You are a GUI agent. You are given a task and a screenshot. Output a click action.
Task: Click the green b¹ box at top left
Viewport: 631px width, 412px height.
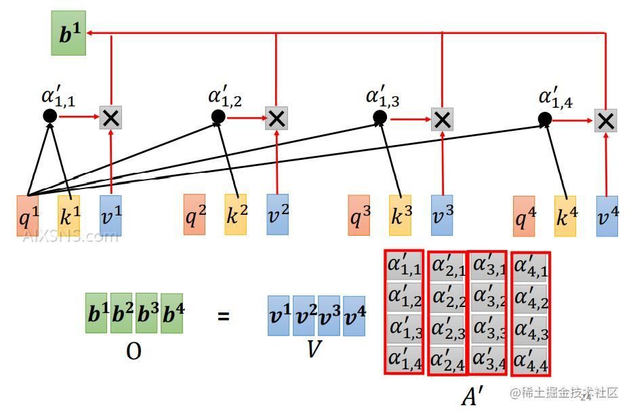point(68,33)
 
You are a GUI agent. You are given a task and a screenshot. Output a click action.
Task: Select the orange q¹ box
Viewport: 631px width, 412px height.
point(28,215)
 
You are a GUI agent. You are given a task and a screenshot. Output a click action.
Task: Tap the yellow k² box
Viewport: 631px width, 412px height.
point(236,215)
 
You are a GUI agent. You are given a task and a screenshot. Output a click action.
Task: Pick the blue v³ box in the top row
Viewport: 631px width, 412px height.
point(442,215)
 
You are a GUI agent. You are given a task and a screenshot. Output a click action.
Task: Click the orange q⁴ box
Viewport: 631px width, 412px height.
point(524,216)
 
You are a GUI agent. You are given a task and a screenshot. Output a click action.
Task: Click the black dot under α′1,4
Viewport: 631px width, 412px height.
point(545,120)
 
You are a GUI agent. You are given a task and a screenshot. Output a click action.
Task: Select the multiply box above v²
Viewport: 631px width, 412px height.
point(277,119)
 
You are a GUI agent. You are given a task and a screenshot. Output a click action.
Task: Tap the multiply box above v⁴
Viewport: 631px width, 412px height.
point(606,121)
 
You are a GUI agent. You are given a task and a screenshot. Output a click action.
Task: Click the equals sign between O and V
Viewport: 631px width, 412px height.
point(224,316)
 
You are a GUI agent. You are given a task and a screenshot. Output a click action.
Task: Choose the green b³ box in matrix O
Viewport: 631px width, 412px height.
point(146,313)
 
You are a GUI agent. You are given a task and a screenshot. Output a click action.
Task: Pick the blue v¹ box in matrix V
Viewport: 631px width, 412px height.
point(279,316)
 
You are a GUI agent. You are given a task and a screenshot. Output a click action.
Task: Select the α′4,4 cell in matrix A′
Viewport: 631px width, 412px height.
point(530,358)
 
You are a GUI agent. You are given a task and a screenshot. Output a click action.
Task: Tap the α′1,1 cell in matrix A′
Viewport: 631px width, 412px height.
point(405,266)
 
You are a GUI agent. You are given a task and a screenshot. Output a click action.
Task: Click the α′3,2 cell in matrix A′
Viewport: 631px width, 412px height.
point(488,297)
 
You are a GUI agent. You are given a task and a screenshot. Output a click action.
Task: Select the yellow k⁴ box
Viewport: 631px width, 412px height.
point(565,216)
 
